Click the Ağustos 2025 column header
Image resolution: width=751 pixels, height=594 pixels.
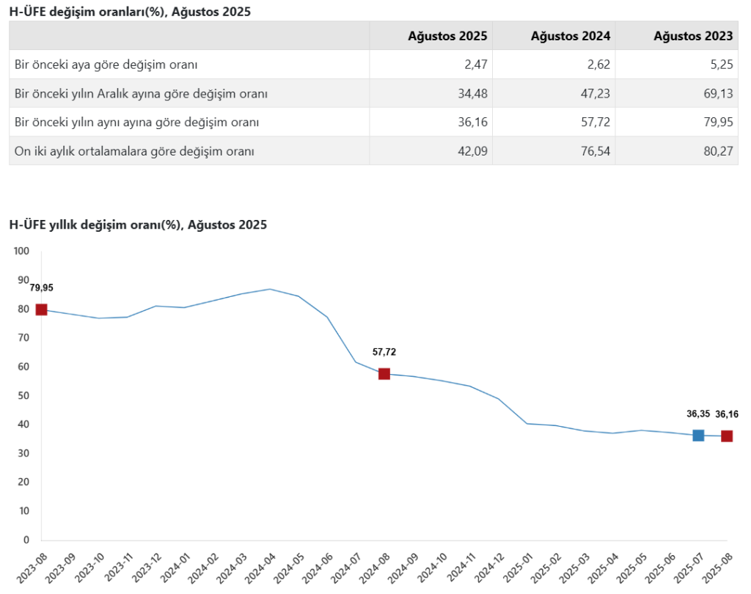448,35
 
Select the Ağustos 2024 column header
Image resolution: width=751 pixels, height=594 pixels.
571,35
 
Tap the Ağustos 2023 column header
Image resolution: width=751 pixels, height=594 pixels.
693,35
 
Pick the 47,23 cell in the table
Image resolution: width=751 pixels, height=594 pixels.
596,94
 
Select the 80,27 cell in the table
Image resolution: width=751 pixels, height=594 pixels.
718,152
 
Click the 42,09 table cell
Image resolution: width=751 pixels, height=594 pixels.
473,152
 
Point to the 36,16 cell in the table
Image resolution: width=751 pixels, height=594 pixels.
473,122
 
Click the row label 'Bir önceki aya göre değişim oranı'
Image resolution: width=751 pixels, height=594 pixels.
106,65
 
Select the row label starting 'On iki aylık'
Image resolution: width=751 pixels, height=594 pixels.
134,152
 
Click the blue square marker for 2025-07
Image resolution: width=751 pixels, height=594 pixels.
698,436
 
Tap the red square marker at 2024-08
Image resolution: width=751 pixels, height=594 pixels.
384,374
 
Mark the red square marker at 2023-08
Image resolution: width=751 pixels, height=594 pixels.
42,309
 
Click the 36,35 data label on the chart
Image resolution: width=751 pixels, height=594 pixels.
698,414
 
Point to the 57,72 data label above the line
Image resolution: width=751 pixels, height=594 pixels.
384,352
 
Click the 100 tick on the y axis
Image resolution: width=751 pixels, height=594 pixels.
21,252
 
